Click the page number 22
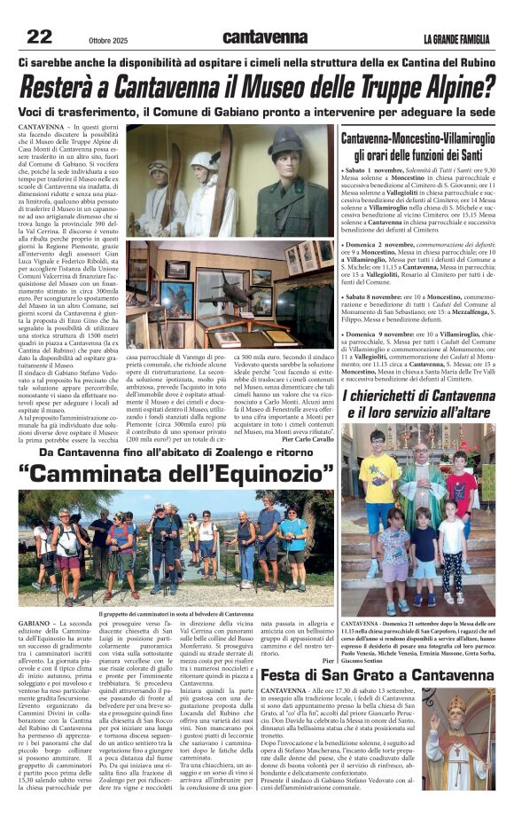(40, 36)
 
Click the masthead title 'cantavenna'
(265, 37)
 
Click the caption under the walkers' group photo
(176, 613)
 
